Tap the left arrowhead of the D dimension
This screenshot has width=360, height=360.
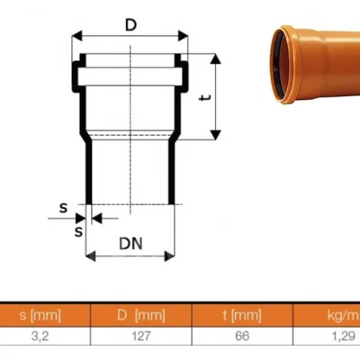(76, 38)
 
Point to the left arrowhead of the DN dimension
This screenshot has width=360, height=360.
(91, 256)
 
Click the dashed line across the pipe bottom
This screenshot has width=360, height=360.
(130, 204)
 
